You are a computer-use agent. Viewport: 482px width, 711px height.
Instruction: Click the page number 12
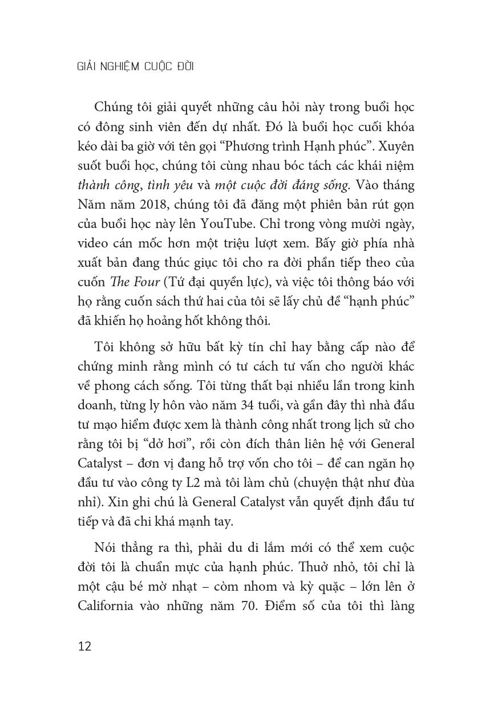point(84,647)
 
